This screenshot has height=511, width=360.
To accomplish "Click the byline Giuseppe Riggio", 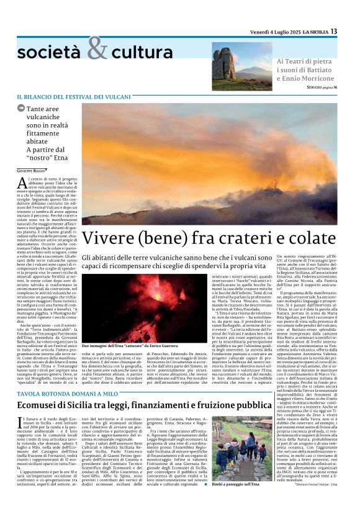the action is pyautogui.click(x=30, y=170).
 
